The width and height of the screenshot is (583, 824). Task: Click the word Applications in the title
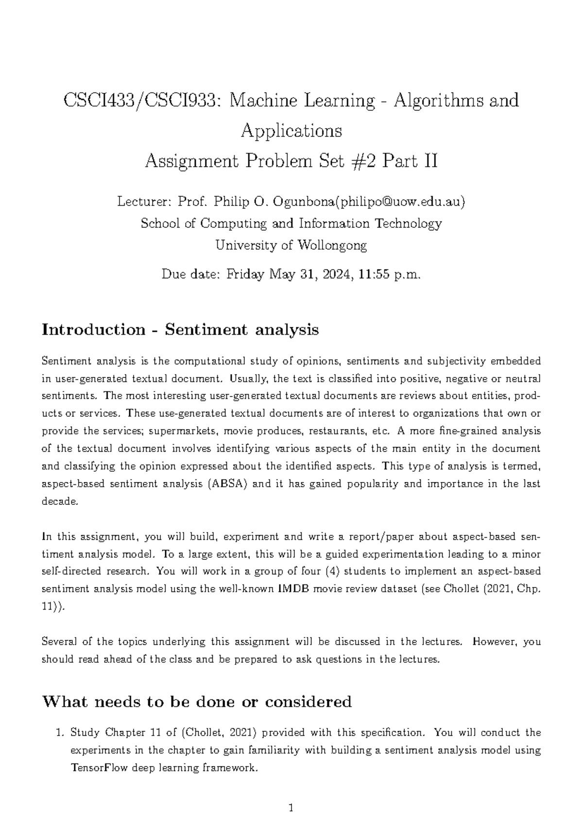click(x=291, y=131)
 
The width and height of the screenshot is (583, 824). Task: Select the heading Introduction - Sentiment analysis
click(x=180, y=329)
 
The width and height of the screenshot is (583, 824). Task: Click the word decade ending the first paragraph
click(x=59, y=501)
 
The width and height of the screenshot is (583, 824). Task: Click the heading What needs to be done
click(x=197, y=702)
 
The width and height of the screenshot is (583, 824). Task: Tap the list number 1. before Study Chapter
click(x=61, y=733)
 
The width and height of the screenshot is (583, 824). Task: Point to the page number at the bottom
click(x=291, y=808)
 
